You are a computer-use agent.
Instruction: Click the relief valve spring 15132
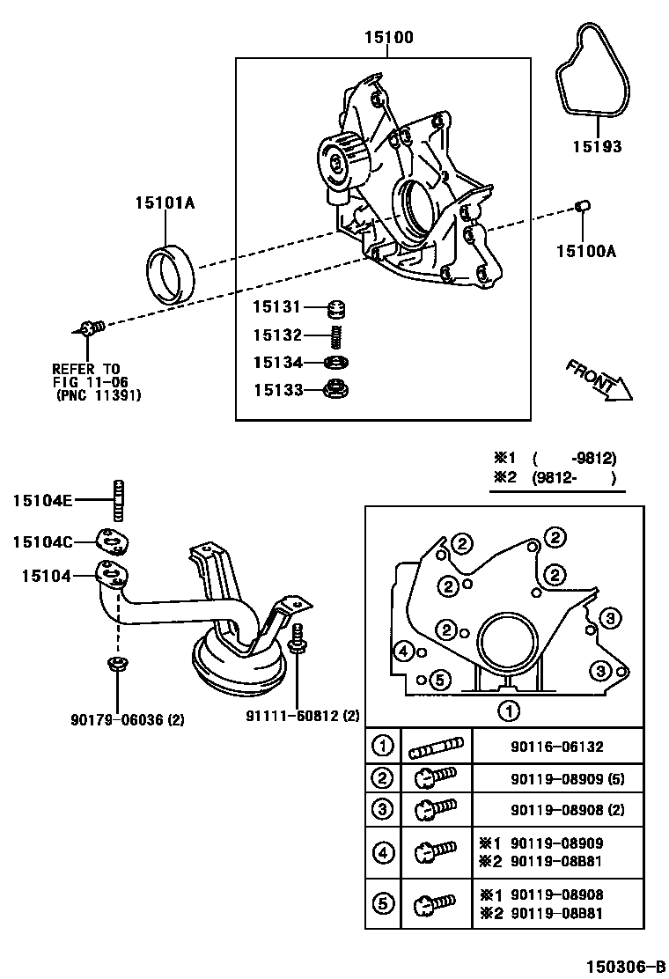tap(335, 335)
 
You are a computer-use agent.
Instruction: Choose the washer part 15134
tap(334, 362)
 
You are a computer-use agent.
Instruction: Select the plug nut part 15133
tap(334, 388)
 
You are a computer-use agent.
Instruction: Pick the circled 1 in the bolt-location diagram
tap(508, 710)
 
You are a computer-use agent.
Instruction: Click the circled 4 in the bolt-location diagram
tap(404, 651)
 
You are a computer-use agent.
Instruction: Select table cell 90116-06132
tap(556, 747)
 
